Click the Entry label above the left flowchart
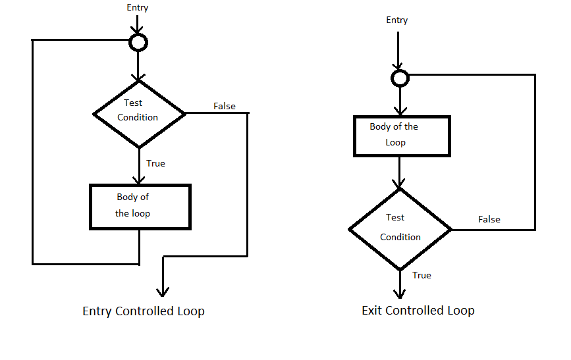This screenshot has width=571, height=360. (x=138, y=8)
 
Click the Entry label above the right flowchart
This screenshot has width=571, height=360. (x=396, y=20)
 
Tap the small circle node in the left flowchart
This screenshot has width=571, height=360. (x=138, y=43)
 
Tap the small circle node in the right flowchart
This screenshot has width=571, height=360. (x=399, y=78)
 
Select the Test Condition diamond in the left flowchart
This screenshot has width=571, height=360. (x=138, y=113)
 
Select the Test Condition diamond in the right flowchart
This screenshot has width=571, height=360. (x=400, y=228)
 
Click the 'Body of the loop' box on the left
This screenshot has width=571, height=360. (x=140, y=206)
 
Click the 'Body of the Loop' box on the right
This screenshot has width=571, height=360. (x=402, y=136)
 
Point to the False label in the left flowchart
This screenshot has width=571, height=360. (x=225, y=106)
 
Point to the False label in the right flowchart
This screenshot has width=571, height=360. (x=489, y=219)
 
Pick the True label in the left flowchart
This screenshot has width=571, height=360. (x=155, y=163)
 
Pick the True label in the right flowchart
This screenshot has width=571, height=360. (x=421, y=275)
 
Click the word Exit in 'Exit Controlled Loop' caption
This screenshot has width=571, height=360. (x=373, y=311)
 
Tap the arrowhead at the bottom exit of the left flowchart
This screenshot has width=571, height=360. (x=162, y=292)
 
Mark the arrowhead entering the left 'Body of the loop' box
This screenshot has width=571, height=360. (x=138, y=179)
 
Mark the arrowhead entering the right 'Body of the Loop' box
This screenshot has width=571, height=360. (x=399, y=111)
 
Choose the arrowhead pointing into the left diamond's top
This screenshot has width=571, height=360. (x=138, y=76)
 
